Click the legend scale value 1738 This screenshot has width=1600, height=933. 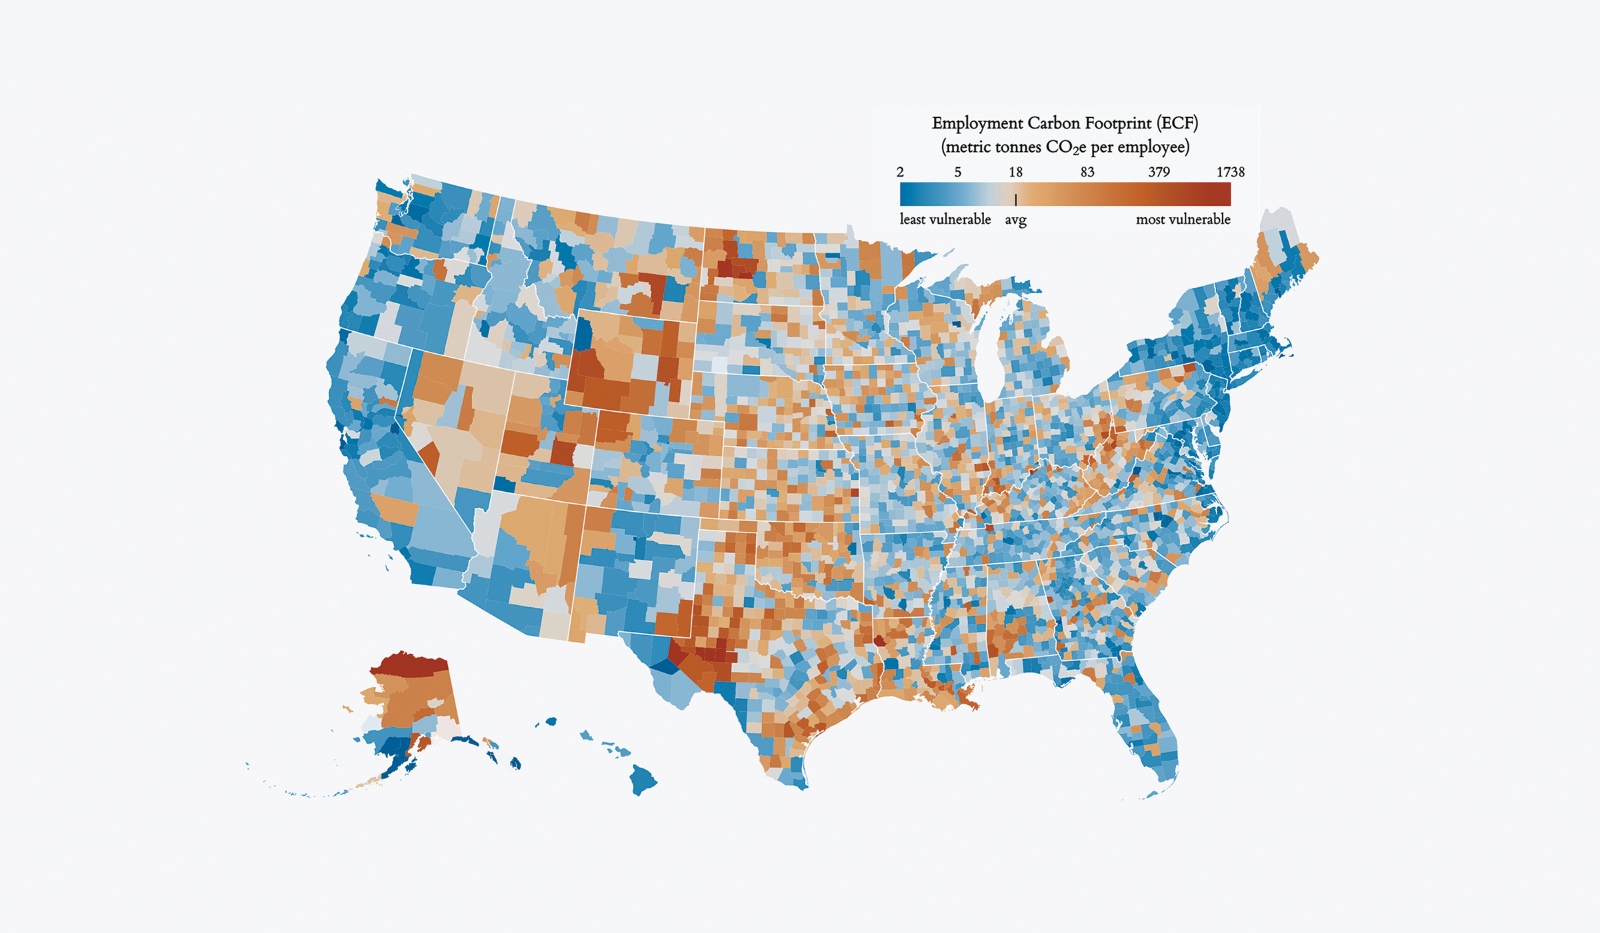(x=1230, y=172)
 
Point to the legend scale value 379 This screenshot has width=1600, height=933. (x=1159, y=172)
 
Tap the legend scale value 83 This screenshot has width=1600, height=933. (x=1087, y=172)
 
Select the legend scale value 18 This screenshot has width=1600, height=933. (x=1015, y=172)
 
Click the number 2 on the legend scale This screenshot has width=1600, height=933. (x=900, y=172)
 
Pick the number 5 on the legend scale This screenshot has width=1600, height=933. (x=957, y=172)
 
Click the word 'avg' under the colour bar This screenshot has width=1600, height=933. (x=1015, y=220)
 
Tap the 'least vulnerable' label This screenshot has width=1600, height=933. (x=945, y=219)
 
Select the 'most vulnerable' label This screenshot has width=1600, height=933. (x=1183, y=219)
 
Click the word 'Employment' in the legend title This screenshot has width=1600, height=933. (x=977, y=124)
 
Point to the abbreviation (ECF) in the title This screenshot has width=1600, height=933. (x=1177, y=123)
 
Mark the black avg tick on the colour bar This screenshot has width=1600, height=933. (x=1015, y=199)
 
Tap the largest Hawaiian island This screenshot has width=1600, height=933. (x=643, y=779)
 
